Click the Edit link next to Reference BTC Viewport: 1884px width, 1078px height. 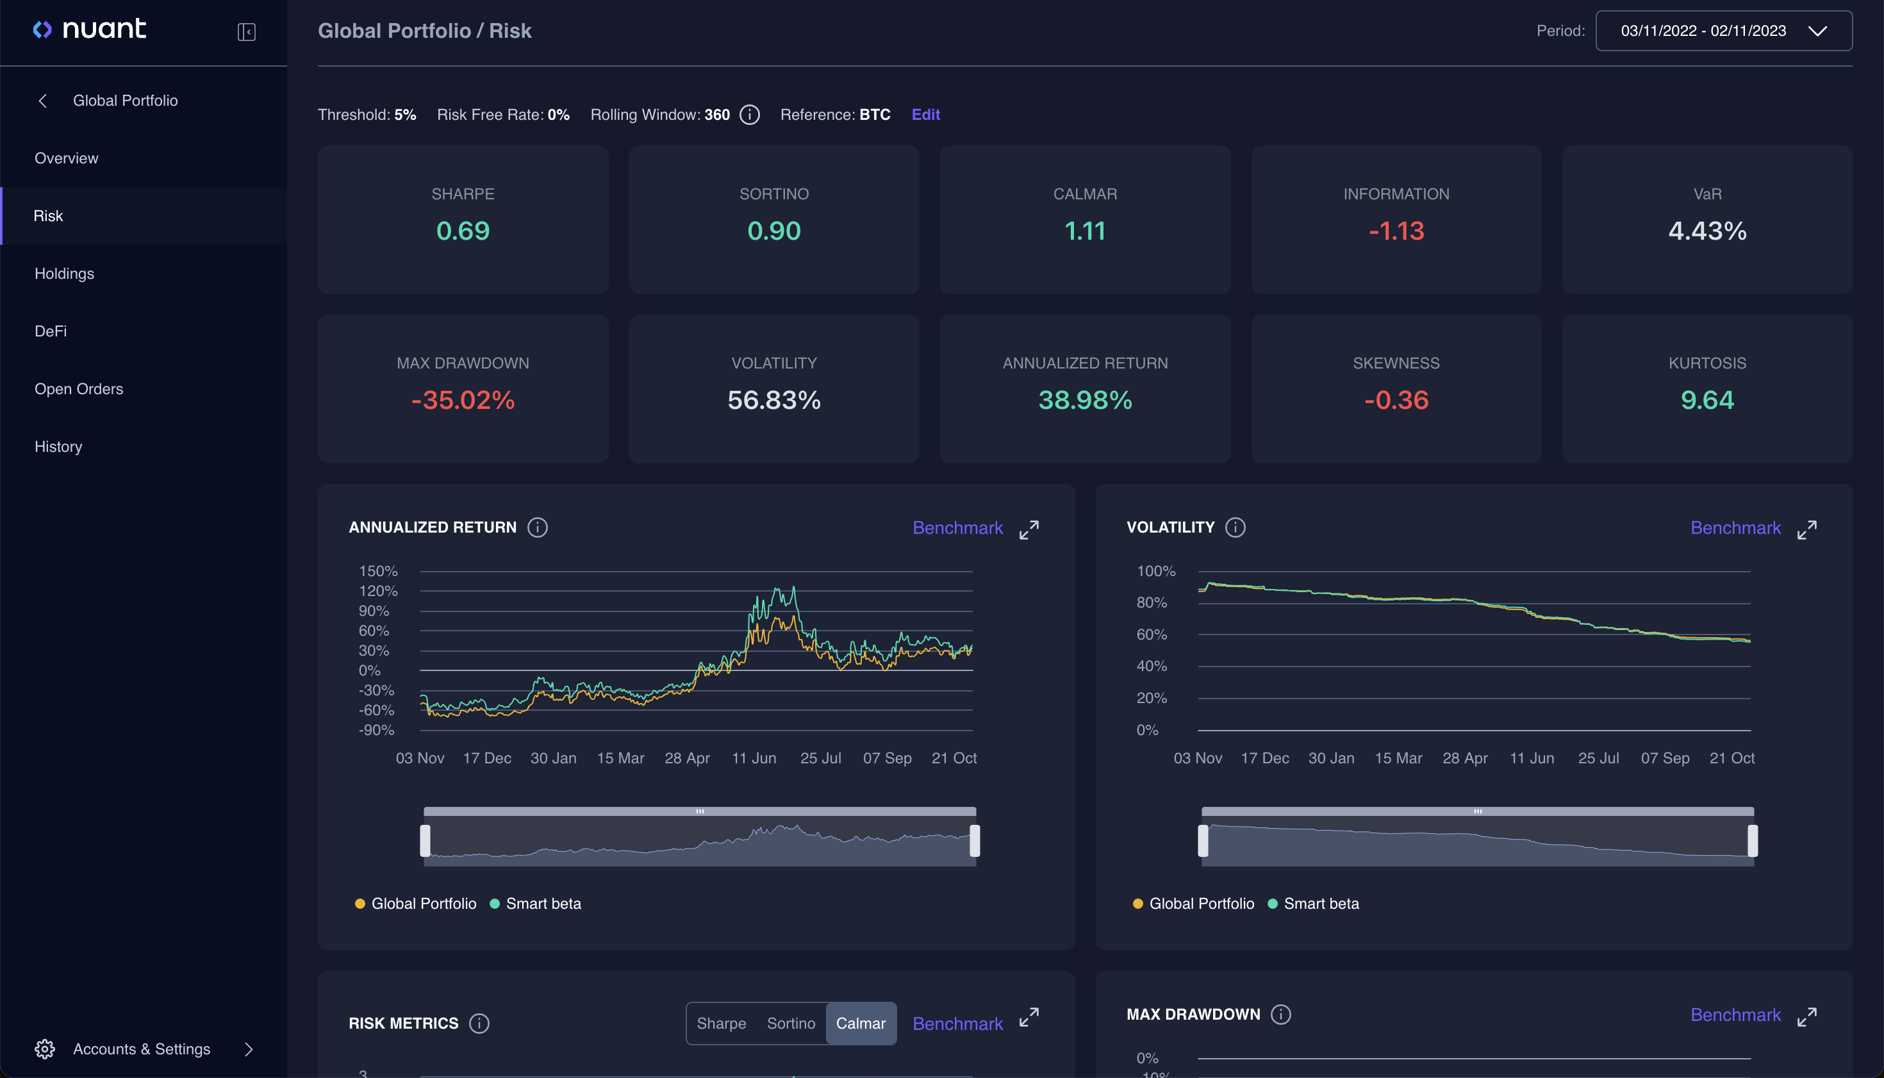pos(925,115)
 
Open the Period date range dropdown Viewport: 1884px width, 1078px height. pos(1723,30)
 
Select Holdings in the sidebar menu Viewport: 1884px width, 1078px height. pos(65,273)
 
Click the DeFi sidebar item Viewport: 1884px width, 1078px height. pos(51,331)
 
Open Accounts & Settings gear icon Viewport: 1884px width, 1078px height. pos(44,1049)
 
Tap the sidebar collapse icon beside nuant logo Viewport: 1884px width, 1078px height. pos(247,32)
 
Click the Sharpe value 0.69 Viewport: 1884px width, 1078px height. pos(463,231)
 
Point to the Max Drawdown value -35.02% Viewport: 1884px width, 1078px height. pos(463,400)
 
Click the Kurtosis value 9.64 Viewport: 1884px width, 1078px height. pos(1706,400)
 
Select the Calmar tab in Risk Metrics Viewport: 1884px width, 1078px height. pos(860,1024)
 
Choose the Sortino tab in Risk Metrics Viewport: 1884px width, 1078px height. pos(791,1024)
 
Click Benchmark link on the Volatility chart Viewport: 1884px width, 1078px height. pos(1735,528)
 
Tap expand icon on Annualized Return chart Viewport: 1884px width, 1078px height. pos(1029,529)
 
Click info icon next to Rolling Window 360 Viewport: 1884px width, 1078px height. pos(750,115)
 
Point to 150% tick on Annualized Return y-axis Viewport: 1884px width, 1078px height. pos(378,571)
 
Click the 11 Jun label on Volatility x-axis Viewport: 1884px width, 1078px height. pos(1532,758)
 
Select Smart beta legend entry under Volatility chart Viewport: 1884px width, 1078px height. pos(1321,903)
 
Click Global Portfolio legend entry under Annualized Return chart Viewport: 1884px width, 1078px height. pos(423,903)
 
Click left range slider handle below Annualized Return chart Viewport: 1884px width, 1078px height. pos(425,840)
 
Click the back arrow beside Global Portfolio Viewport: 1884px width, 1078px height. pos(43,101)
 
